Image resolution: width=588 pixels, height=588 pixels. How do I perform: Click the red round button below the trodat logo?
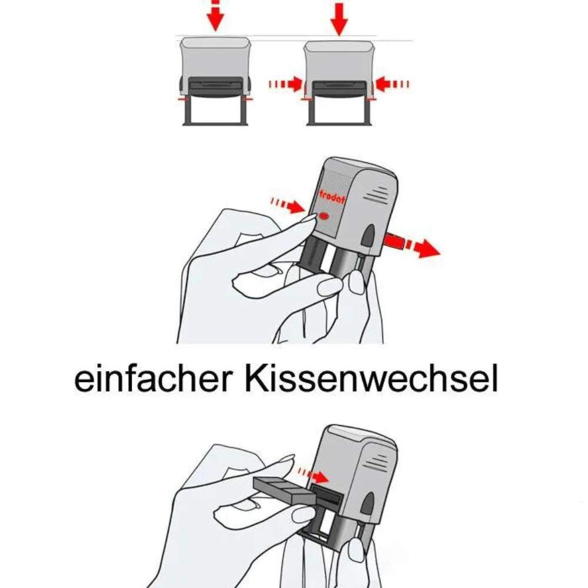click(x=323, y=216)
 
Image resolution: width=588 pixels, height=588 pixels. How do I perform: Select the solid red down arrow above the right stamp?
click(x=339, y=19)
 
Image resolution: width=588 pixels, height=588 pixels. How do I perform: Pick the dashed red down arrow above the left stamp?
click(x=215, y=15)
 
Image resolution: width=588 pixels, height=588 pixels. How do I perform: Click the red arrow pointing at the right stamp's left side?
click(x=285, y=84)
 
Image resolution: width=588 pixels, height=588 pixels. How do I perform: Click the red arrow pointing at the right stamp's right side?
click(x=392, y=84)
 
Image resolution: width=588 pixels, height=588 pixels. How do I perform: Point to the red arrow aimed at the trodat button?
click(x=288, y=205)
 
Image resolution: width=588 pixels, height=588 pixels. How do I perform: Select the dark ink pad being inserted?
click(x=284, y=490)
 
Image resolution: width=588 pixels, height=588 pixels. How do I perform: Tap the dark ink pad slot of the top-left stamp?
click(x=215, y=86)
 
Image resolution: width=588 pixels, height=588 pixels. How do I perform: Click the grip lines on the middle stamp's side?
click(x=377, y=195)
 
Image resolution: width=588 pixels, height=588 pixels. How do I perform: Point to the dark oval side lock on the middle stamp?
click(x=369, y=236)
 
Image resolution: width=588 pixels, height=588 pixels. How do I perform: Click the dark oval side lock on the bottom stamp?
click(x=368, y=503)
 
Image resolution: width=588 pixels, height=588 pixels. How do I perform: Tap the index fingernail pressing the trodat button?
click(x=309, y=218)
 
